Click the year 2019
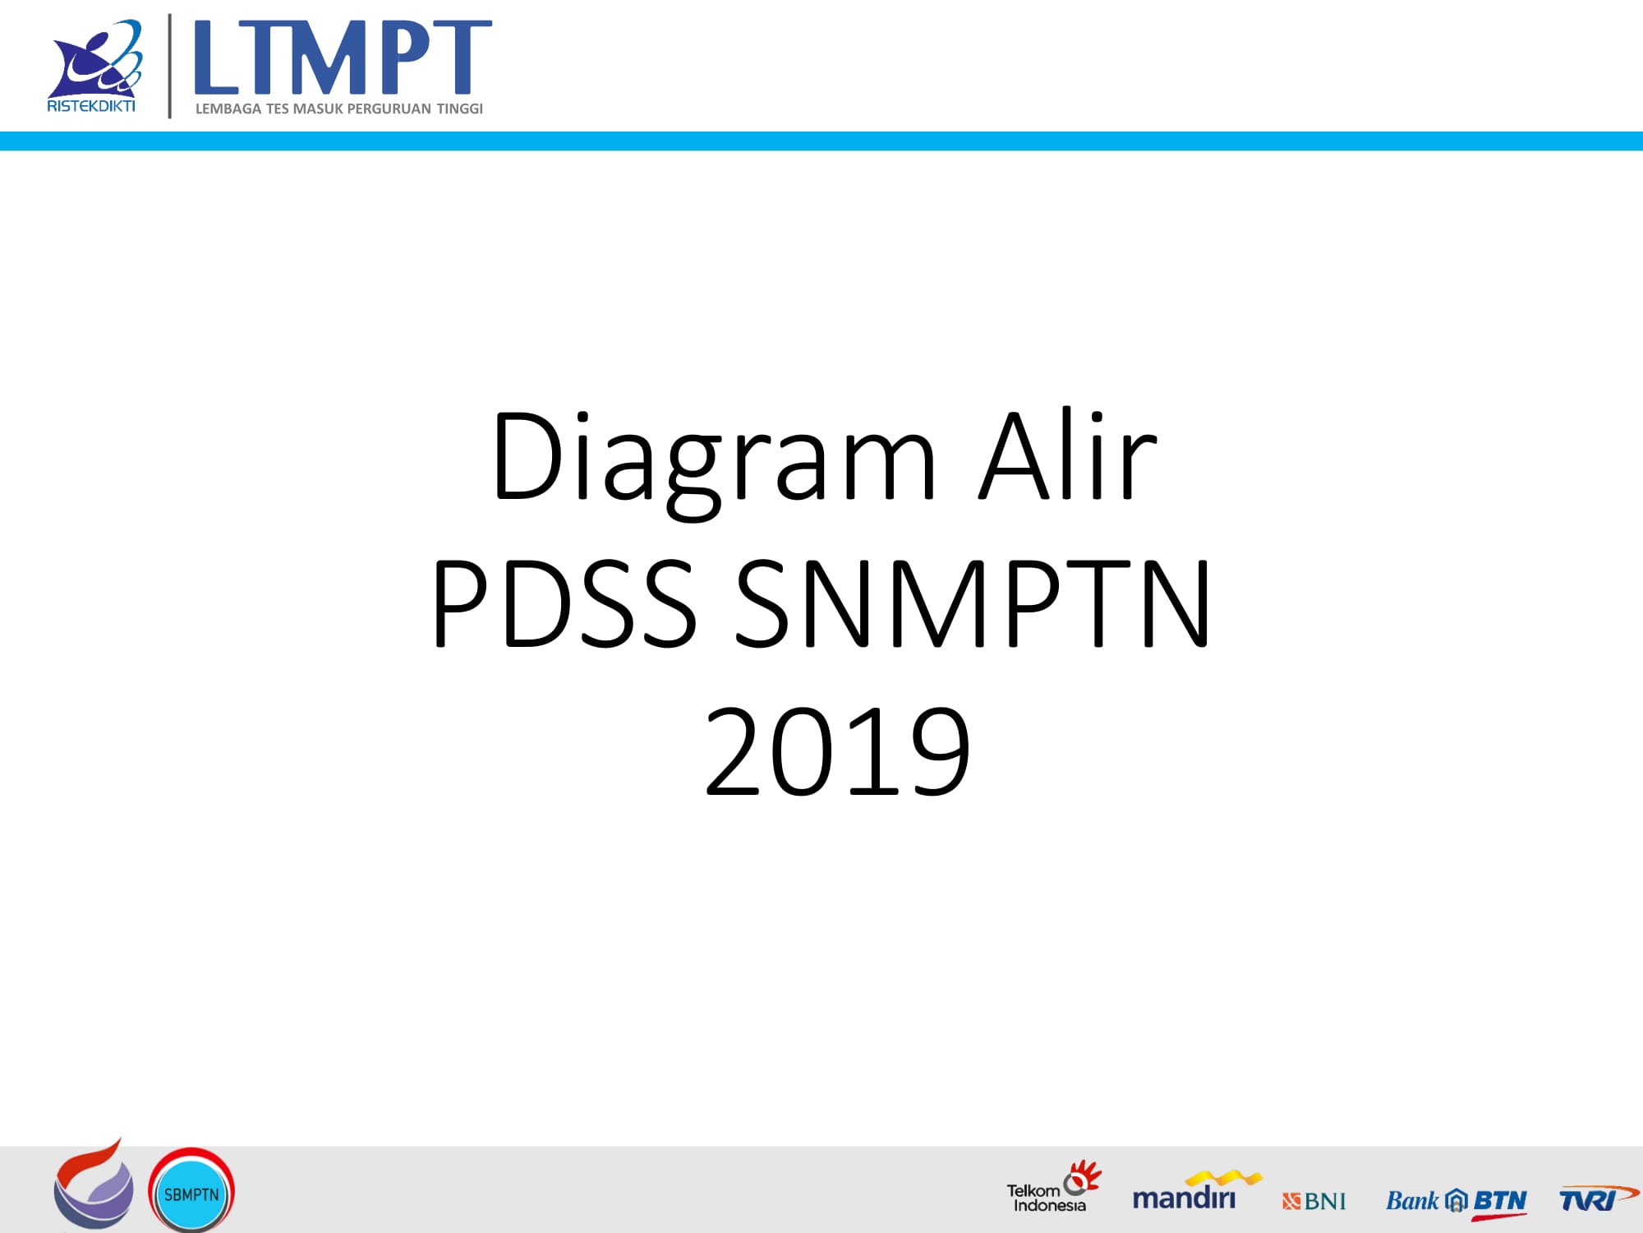tap(837, 751)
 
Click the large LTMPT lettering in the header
tap(343, 58)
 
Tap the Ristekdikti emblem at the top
tap(95, 58)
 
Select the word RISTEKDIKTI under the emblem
tap(91, 106)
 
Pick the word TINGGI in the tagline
tap(460, 109)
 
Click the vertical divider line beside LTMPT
tap(170, 66)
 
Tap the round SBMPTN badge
tap(191, 1191)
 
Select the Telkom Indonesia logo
tap(1054, 1187)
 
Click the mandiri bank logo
tap(1197, 1190)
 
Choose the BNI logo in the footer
tap(1314, 1201)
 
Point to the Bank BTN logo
tap(1457, 1203)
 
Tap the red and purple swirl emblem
tap(93, 1185)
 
